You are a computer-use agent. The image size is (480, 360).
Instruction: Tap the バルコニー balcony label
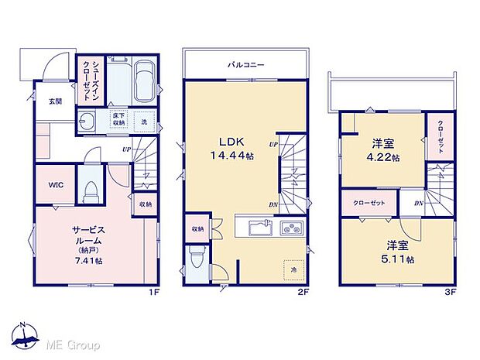coord(245,65)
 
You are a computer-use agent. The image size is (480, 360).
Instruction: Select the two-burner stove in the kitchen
coord(293,228)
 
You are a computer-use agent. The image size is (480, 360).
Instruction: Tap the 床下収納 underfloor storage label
coord(118,121)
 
